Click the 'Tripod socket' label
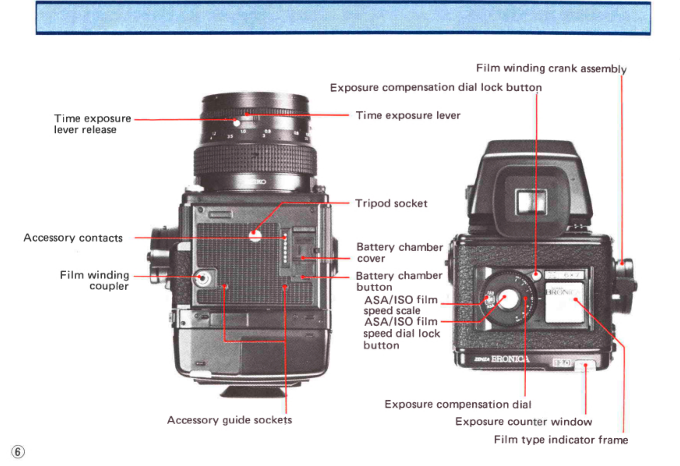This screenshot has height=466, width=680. [391, 203]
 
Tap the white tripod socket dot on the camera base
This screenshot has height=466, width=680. [255, 235]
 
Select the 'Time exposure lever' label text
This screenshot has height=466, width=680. [408, 115]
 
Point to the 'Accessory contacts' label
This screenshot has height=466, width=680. [73, 238]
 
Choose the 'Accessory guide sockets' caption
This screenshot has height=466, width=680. [229, 420]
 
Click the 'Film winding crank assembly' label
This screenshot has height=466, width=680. [551, 68]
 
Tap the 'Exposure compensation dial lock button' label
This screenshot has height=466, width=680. [435, 87]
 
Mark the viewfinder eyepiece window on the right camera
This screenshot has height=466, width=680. [530, 202]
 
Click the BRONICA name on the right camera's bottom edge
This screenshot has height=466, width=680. [510, 359]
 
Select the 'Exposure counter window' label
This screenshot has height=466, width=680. [523, 422]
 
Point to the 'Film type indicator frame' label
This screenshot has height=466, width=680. [561, 440]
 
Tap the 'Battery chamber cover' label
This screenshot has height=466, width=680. [399, 252]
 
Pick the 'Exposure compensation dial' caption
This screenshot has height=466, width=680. [458, 404]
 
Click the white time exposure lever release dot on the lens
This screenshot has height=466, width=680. [236, 123]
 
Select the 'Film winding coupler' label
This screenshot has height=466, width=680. [95, 281]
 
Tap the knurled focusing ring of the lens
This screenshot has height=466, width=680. [255, 160]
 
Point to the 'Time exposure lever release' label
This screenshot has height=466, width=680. [92, 124]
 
